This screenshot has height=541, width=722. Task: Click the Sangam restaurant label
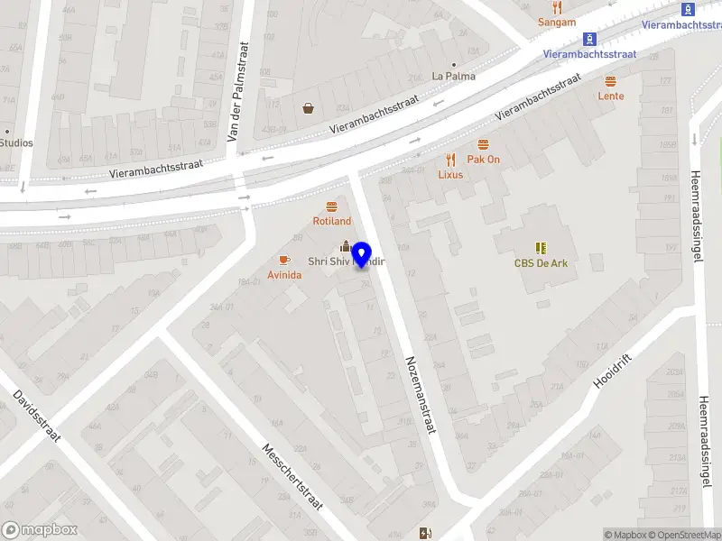pos(556,22)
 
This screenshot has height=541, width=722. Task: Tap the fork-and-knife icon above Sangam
pos(556,7)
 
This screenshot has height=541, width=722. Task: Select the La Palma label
pos(453,76)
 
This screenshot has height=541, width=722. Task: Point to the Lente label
pos(611,96)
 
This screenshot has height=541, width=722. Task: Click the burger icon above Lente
pos(611,81)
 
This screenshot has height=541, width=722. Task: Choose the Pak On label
pos(483,160)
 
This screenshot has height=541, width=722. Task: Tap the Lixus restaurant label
pos(450,175)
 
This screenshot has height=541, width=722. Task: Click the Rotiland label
pos(331,221)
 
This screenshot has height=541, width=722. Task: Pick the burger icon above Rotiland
pos(331,206)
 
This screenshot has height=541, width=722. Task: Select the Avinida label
pos(284,274)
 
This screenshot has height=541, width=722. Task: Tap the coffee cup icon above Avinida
pos(284,260)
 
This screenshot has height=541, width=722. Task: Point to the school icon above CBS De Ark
pos(541,247)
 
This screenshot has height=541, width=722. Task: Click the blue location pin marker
pos(362,254)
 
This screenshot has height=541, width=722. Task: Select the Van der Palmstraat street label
pos(236,90)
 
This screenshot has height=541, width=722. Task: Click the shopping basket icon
pos(309,108)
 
